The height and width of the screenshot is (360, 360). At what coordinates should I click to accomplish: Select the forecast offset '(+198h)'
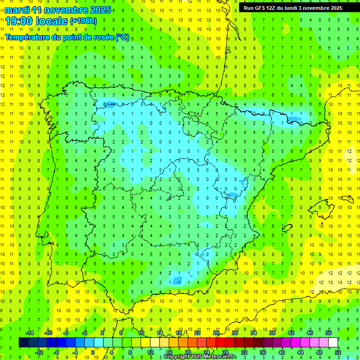pyautogui.click(x=83, y=21)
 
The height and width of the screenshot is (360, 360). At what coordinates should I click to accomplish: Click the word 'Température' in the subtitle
pyautogui.click(x=28, y=37)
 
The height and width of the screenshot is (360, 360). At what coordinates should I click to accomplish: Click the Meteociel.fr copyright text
pyautogui.click(x=199, y=357)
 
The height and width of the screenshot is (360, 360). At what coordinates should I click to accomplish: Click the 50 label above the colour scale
pyautogui.click(x=329, y=333)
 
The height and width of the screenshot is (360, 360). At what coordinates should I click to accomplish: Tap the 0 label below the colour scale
pyautogui.click(x=92, y=352)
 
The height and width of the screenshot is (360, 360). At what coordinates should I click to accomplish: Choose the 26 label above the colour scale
pyautogui.click(x=216, y=333)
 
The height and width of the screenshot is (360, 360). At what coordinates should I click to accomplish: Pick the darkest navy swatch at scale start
pyautogui.click(x=23, y=343)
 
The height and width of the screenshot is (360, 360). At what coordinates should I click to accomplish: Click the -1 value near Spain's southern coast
pyautogui.click(x=179, y=282)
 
